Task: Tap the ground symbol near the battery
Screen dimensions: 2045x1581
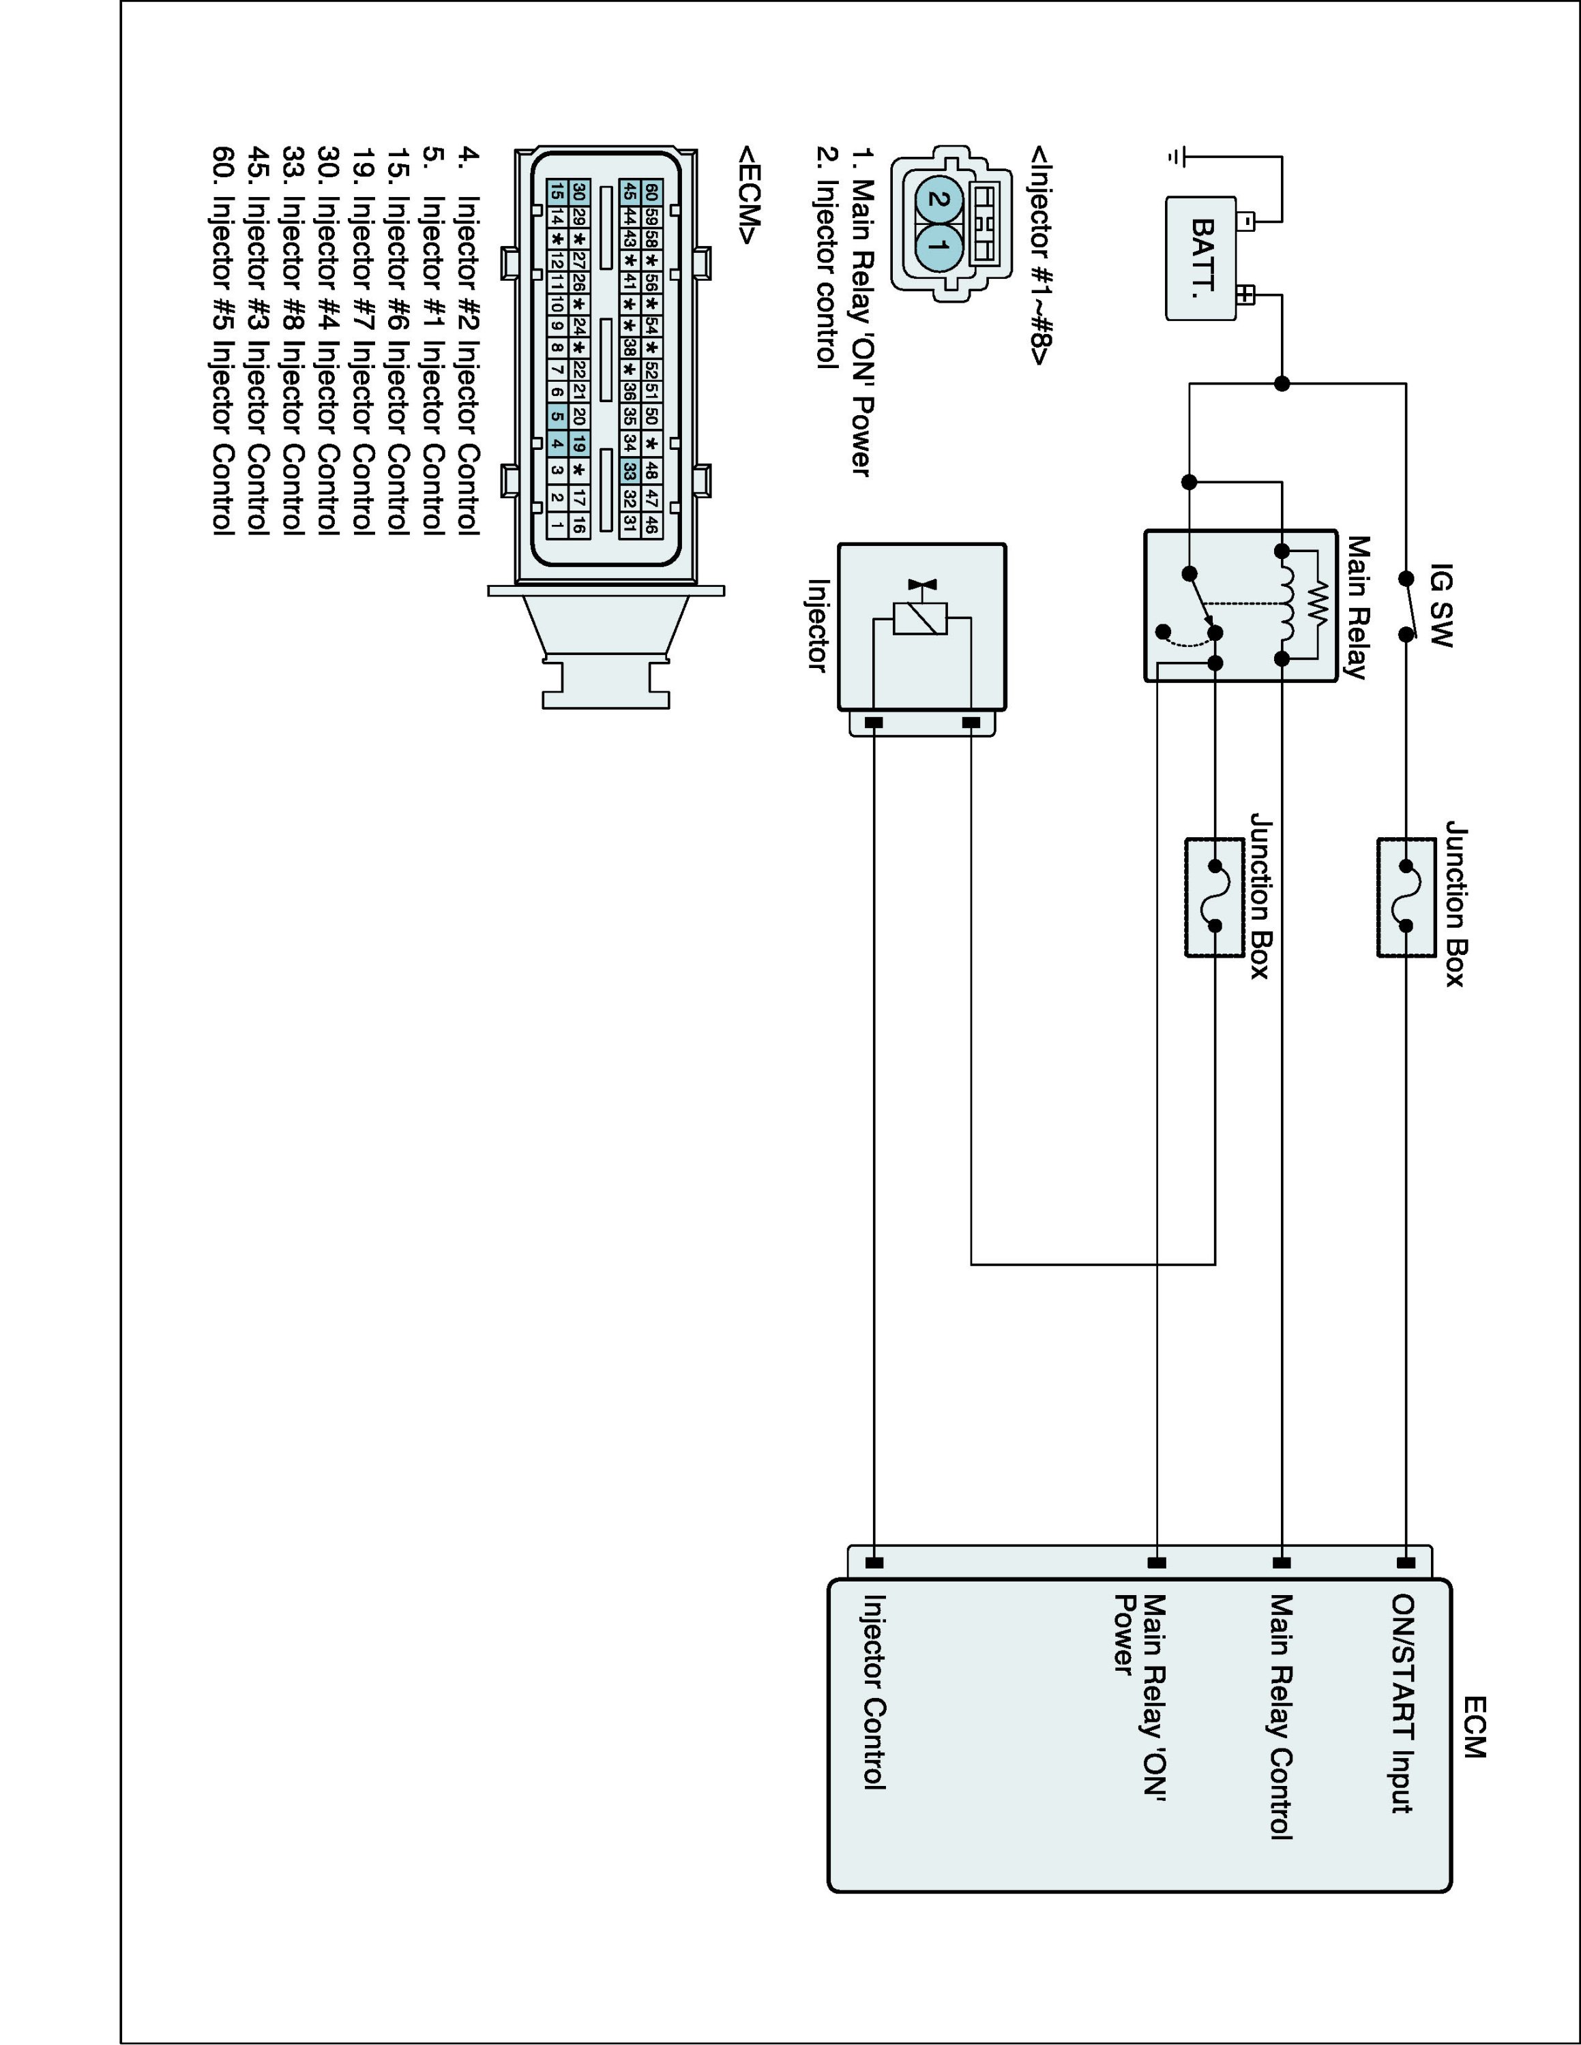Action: [1177, 156]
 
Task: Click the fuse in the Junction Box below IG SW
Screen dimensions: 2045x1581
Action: [1406, 896]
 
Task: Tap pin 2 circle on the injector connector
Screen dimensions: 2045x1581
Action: [936, 198]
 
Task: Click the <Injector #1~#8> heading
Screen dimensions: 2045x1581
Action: [1039, 255]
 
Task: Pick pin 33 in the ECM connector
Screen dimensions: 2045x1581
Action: [630, 471]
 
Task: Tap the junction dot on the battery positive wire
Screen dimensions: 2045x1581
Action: [1282, 383]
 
